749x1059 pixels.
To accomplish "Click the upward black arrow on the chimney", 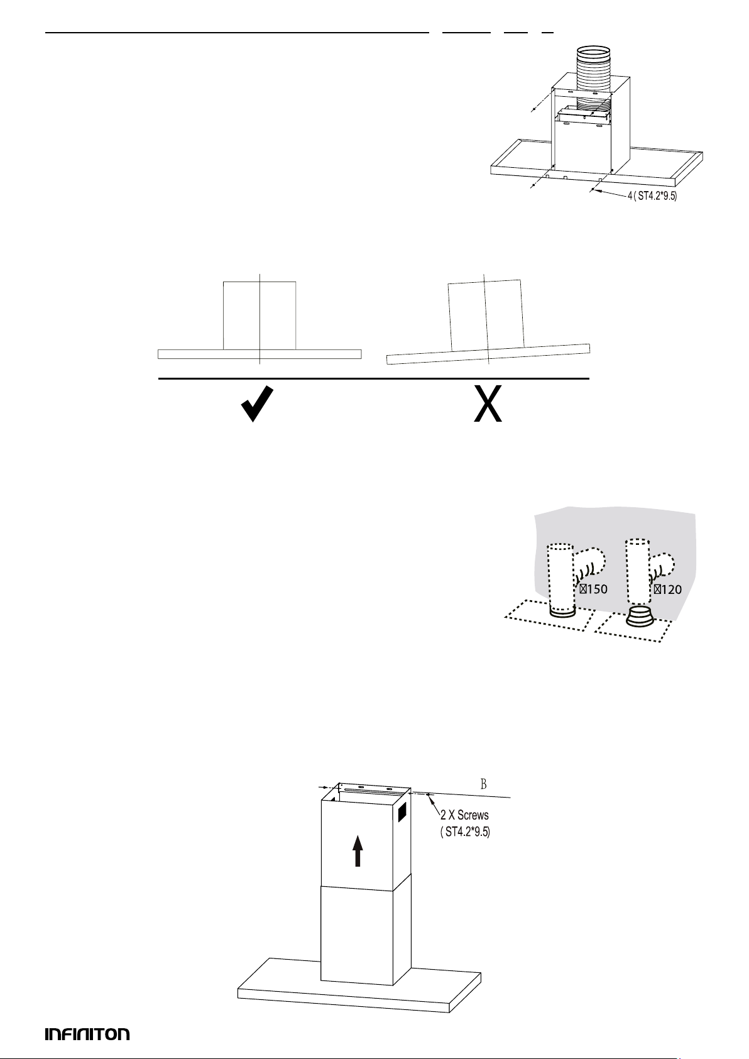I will (x=358, y=850).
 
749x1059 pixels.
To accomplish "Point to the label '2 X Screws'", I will (x=464, y=815).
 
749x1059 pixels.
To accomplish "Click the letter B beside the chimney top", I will (x=484, y=784).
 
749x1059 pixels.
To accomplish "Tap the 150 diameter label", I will (x=593, y=590).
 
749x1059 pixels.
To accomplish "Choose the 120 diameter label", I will (x=668, y=590).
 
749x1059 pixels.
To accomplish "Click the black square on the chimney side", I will (x=402, y=812).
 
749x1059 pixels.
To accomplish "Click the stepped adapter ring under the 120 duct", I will (x=640, y=615).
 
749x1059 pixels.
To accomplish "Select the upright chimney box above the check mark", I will (x=260, y=316).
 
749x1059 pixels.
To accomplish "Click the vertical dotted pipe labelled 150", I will (x=560, y=578).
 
